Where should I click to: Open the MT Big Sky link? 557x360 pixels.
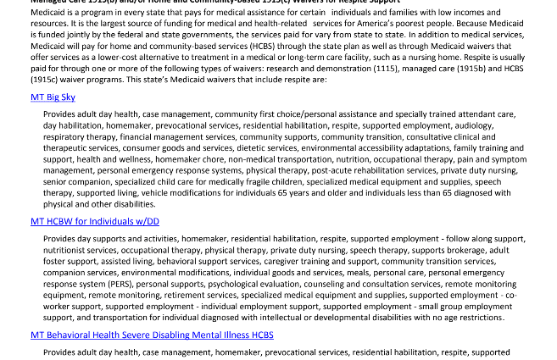click(x=53, y=97)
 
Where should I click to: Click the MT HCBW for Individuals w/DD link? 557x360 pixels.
click(x=95, y=222)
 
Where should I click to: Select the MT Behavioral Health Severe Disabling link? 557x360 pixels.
click(x=152, y=335)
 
